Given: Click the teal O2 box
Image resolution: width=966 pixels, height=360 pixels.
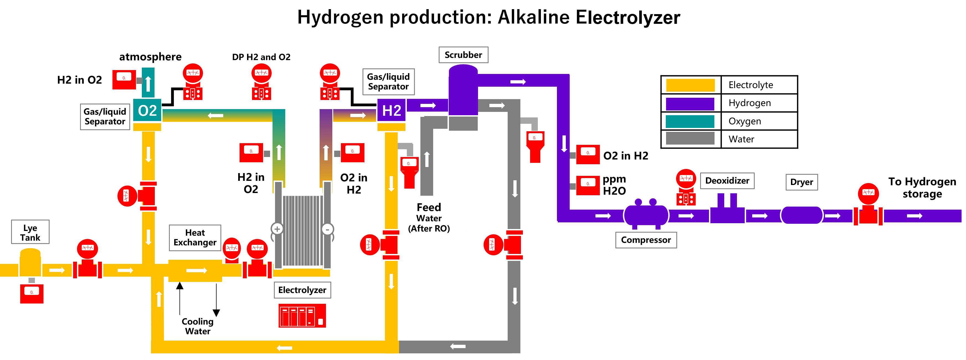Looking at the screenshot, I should point(147,110).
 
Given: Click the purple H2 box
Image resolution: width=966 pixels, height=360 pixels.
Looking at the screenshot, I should point(391,110).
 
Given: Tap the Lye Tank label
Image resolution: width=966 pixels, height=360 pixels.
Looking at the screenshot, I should point(30,233).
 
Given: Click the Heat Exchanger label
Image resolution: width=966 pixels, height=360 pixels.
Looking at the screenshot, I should point(195,237).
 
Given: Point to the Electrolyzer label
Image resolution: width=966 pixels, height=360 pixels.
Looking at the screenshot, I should point(302,290).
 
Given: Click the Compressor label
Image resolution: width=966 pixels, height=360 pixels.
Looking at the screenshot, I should point(646,240).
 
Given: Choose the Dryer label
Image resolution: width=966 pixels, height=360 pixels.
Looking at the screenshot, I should point(801,182).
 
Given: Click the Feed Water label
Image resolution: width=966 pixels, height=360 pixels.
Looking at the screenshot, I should point(429,212).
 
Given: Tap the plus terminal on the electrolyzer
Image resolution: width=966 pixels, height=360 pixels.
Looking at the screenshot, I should point(277,229).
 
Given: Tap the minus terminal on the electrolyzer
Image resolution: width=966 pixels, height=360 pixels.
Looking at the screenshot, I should point(327,229).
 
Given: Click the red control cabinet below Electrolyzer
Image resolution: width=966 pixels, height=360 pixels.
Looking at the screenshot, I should point(302,316).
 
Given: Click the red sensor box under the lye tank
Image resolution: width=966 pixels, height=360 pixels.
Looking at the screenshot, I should point(32,293).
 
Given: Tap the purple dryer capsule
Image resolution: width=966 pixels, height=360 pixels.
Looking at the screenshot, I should point(801,215).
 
